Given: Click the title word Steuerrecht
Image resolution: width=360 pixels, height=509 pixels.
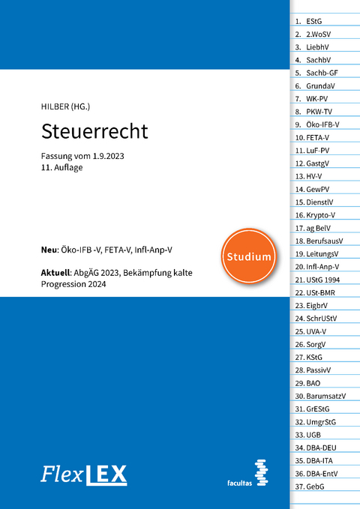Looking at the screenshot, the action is tap(94, 130).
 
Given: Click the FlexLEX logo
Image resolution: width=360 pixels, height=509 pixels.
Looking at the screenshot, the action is tap(84, 474).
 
